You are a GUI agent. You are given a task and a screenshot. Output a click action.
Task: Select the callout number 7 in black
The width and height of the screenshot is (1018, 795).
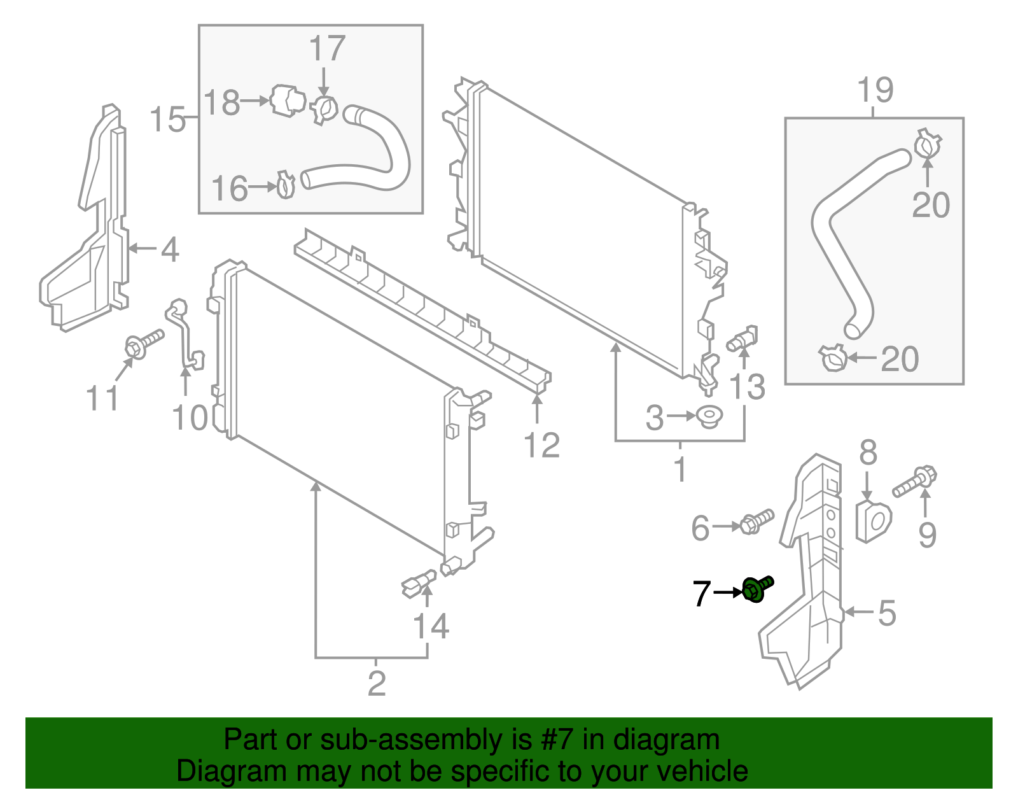click(701, 593)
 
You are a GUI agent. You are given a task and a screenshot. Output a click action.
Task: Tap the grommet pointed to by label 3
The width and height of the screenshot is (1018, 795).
click(709, 417)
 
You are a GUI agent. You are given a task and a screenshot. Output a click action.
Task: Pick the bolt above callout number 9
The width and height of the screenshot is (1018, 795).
click(915, 482)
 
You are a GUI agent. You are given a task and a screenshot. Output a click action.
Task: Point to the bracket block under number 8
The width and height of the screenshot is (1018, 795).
click(873, 521)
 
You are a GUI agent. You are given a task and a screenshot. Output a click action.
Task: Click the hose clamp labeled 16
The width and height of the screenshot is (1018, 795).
click(286, 185)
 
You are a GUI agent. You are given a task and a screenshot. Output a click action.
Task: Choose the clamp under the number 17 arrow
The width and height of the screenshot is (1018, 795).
click(325, 110)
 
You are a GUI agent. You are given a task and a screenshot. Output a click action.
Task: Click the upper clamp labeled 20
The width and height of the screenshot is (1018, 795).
click(927, 144)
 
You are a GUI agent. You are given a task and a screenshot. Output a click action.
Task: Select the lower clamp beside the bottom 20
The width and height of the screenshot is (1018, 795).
click(833, 358)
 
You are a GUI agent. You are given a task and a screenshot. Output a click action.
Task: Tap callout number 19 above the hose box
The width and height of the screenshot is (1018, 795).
click(875, 90)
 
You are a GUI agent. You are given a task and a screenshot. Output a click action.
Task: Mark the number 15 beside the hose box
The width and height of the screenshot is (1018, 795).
click(167, 120)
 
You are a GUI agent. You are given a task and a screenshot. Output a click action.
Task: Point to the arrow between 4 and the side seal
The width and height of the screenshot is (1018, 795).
click(143, 248)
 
